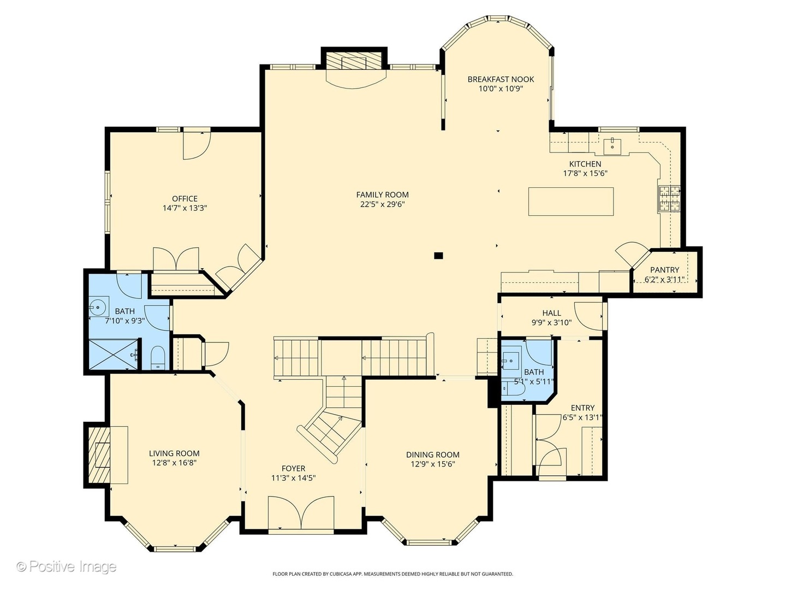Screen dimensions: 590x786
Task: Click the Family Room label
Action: [382, 194]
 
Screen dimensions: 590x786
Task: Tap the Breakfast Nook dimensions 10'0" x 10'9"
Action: [501, 88]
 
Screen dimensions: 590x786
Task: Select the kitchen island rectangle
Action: [570, 202]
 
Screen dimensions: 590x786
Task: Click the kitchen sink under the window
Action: [612, 145]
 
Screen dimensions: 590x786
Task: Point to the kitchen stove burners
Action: [670, 199]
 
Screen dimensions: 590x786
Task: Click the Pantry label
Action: [664, 270]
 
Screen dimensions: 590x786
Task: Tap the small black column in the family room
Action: [438, 255]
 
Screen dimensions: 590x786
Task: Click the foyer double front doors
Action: [301, 513]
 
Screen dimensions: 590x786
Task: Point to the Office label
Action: [184, 199]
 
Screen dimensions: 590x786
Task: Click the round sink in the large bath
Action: [99, 307]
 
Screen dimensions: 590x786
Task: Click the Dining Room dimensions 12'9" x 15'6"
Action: [432, 464]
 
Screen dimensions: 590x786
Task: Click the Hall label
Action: [551, 313]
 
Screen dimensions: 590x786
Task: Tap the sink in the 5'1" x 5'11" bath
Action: [511, 361]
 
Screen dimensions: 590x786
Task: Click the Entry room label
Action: [582, 408]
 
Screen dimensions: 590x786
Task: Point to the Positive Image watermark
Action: [67, 567]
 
